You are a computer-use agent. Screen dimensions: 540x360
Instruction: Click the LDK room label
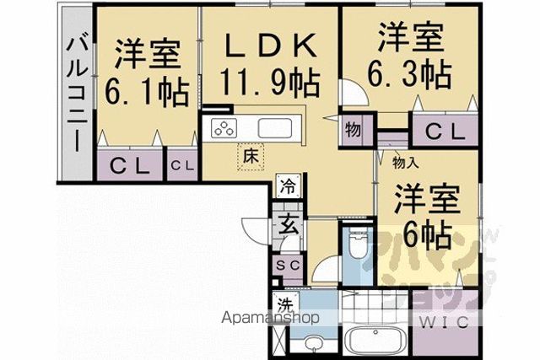pyautogui.click(x=271, y=46)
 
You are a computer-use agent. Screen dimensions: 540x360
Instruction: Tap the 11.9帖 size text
pyautogui.click(x=270, y=83)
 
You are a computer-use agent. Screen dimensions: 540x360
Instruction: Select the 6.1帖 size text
pyautogui.click(x=147, y=92)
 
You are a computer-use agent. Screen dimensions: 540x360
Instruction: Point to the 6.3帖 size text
pyautogui.click(x=410, y=74)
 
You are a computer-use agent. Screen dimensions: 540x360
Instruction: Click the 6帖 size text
pyautogui.click(x=427, y=235)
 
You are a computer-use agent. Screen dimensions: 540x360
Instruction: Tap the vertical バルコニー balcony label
pyautogui.click(x=77, y=94)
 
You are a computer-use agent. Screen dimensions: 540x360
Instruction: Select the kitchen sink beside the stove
pyautogui.click(x=275, y=128)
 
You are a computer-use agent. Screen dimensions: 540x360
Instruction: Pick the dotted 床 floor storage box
pyautogui.click(x=251, y=157)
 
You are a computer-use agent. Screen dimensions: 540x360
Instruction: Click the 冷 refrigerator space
pyautogui.click(x=288, y=185)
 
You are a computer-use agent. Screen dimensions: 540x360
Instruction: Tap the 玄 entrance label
pyautogui.click(x=289, y=223)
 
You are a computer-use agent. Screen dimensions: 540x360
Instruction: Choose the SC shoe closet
pyautogui.click(x=289, y=265)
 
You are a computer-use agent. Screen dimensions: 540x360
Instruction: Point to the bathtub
pyautogui.click(x=374, y=340)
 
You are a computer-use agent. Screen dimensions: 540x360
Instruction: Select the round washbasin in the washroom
pyautogui.click(x=313, y=343)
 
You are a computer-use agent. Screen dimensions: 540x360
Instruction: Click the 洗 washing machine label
pyautogui.click(x=285, y=304)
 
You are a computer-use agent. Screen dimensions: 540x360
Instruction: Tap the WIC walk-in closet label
pyautogui.click(x=445, y=323)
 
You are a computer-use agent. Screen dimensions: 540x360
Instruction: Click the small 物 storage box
pyautogui.click(x=353, y=130)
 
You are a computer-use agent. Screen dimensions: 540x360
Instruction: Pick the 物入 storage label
pyautogui.click(x=406, y=163)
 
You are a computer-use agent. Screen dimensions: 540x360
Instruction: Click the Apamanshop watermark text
pyautogui.click(x=270, y=318)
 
